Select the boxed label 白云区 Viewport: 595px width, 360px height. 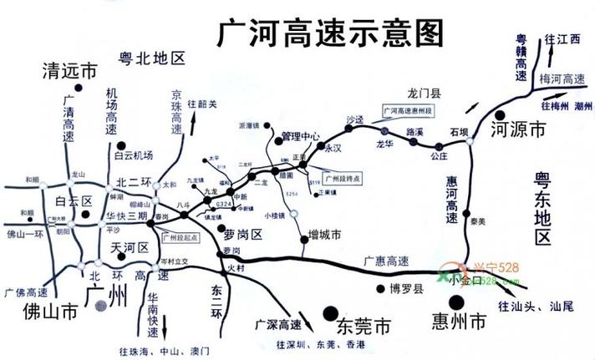(73, 201)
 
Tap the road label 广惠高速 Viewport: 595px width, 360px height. (386, 260)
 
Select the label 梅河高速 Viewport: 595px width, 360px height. (562, 79)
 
